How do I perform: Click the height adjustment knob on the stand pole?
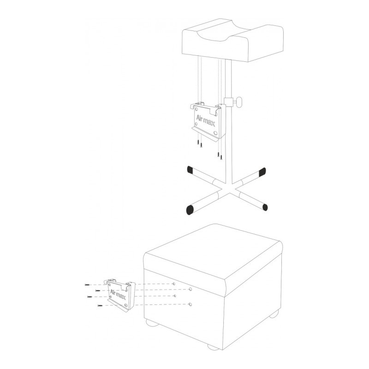point(239,102)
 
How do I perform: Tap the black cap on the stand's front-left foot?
point(190,210)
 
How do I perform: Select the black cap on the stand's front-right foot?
point(265,207)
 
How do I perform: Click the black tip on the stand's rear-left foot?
point(190,169)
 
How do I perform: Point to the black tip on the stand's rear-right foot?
point(262,172)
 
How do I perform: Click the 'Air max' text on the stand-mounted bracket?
point(205,120)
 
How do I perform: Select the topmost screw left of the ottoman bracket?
point(87,285)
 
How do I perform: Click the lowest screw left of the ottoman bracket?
point(100,306)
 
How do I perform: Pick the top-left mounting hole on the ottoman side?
point(174,284)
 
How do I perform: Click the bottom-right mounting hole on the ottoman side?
point(190,304)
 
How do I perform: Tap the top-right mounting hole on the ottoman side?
point(190,289)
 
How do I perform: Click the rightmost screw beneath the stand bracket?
point(221,157)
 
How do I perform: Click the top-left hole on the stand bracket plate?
point(196,109)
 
